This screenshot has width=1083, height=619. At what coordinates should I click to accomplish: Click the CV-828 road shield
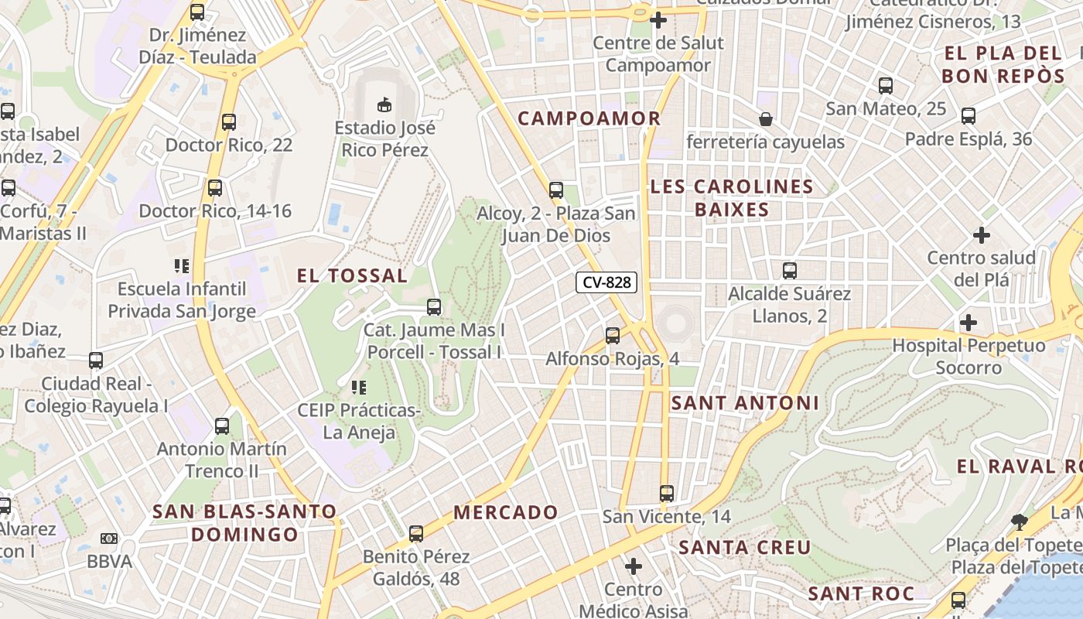coord(606,282)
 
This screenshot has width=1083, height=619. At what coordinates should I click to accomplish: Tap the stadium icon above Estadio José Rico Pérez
coord(384,103)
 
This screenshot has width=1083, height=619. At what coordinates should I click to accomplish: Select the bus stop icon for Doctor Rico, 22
coord(228,121)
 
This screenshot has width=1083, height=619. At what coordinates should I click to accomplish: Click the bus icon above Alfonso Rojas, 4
coord(613,335)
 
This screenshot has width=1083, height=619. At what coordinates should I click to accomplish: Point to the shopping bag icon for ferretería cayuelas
coord(765,118)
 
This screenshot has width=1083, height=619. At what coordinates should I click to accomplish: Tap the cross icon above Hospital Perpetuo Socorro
coord(968,322)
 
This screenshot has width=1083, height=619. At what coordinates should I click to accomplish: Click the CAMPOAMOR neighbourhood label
coord(589,118)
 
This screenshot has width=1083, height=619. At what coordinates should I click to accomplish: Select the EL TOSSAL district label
coord(353,275)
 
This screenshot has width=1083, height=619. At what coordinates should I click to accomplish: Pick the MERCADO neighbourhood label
coord(506,512)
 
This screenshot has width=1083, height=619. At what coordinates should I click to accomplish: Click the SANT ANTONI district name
coord(745,403)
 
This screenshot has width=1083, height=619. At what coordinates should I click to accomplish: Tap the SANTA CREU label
coord(745,548)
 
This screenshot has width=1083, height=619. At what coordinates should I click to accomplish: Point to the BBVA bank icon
coord(109,538)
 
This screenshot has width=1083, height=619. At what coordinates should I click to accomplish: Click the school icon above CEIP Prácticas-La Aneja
coord(358,386)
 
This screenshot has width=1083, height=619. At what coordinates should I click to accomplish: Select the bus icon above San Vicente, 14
coord(667,493)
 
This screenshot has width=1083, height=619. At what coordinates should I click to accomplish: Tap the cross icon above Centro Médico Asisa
coord(634,566)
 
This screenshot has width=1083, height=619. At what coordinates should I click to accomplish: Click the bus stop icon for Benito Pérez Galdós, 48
coord(416,533)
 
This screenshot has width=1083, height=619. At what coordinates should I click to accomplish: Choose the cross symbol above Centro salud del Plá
coord(981,234)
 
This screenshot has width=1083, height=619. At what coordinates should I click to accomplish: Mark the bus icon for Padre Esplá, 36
coord(968,116)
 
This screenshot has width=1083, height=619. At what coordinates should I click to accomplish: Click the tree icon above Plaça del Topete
coord(1019,522)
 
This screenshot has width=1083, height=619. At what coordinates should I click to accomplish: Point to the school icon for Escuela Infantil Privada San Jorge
coord(182,266)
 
